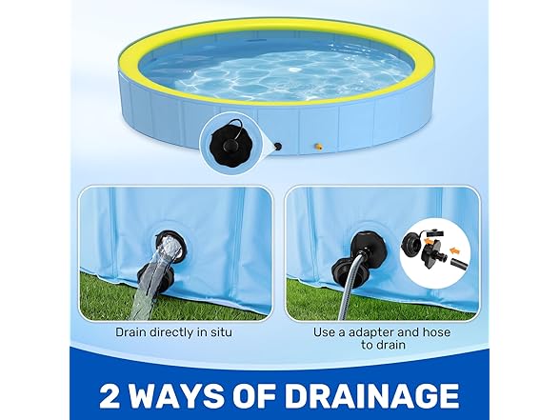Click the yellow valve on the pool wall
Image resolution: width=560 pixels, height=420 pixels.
click(318, 146)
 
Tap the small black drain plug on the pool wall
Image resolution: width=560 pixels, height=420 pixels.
click(277, 146)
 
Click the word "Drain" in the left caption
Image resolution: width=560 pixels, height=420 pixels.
click(130, 332)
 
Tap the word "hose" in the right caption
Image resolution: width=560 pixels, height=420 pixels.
click(436, 332)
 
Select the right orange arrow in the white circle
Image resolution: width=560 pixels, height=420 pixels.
click(455, 250)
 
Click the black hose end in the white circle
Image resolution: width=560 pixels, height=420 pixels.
click(458, 265)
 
